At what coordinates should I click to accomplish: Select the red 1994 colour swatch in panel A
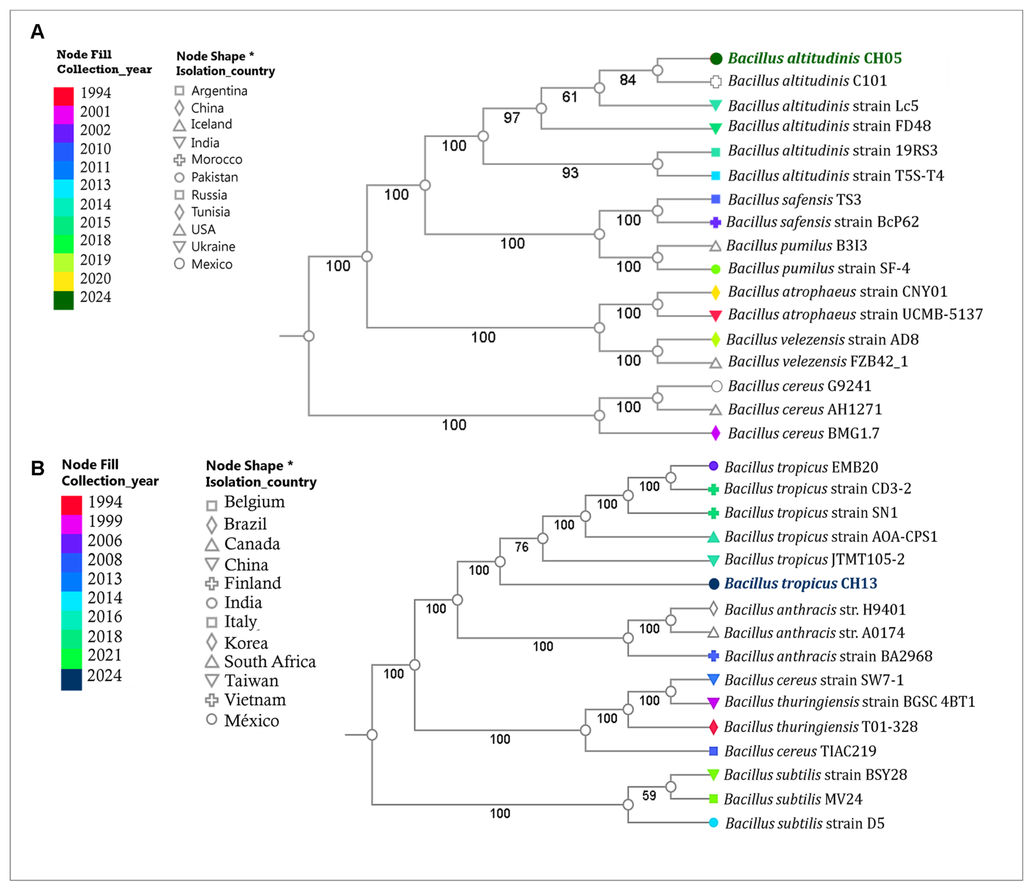64,96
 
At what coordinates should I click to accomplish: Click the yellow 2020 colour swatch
64,281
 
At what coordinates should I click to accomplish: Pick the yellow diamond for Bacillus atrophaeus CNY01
715,292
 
